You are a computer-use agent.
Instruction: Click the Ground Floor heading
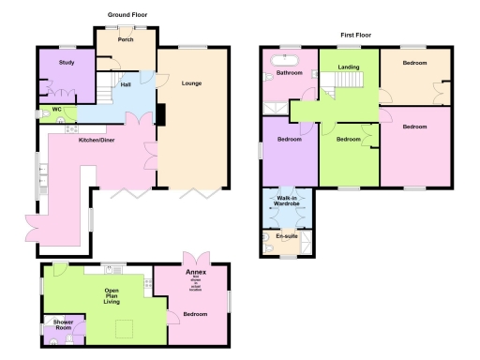127,15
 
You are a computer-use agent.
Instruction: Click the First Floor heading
357,34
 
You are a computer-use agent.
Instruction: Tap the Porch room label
124,40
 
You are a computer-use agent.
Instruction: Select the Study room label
66,62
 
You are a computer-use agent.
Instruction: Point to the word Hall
125,85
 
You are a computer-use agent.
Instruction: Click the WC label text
56,110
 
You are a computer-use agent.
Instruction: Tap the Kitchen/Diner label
98,140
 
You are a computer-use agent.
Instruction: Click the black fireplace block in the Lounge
159,113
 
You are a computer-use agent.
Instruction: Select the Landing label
349,67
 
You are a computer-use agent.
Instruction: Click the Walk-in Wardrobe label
287,201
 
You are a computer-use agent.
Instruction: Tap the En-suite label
286,238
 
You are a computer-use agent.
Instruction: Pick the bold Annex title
195,272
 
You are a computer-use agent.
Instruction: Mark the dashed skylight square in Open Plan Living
123,327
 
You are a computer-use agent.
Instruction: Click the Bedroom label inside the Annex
195,314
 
